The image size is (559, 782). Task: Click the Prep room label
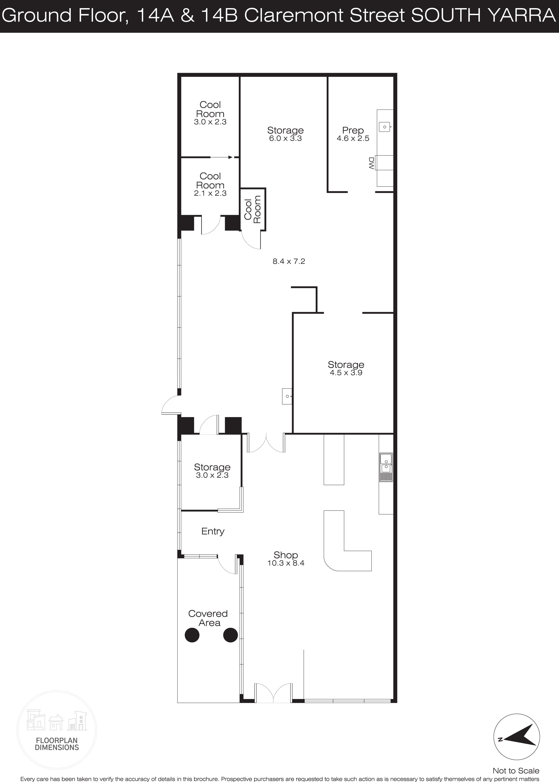click(353, 131)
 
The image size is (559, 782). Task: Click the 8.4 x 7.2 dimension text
click(289, 261)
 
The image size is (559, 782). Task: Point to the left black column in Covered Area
click(192, 635)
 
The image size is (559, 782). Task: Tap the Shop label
click(286, 555)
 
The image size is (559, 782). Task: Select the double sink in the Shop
click(386, 467)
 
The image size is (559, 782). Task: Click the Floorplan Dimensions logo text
click(57, 744)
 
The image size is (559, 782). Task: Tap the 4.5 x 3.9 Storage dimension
click(346, 373)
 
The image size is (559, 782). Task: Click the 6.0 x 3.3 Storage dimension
click(285, 138)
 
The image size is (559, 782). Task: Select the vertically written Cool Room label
click(253, 209)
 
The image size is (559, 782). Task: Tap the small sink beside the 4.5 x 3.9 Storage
click(287, 396)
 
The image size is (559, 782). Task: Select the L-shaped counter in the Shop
click(347, 541)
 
